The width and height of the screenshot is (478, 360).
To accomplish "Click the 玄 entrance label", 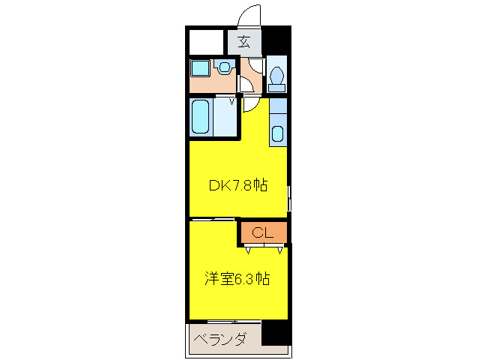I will click(x=244, y=41).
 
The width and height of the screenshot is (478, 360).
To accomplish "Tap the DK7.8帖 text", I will click(x=237, y=184).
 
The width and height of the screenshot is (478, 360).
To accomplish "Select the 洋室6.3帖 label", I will click(x=238, y=279).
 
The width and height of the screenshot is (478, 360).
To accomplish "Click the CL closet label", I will click(x=261, y=232).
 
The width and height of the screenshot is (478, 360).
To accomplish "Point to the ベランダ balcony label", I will click(x=220, y=339).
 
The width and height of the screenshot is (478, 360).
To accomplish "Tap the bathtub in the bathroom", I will click(x=200, y=117).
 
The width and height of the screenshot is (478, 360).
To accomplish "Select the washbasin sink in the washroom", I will click(x=225, y=67).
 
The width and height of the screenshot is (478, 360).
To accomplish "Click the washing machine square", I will click(x=200, y=68).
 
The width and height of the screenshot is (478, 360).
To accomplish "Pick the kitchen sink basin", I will click(x=276, y=135).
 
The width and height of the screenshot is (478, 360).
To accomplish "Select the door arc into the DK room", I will click(x=250, y=103).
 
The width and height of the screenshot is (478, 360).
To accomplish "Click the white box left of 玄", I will click(x=207, y=41).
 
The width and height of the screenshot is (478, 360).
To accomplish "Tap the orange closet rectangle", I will click(x=263, y=232).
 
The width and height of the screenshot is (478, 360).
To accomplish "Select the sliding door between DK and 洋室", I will click(x=213, y=219).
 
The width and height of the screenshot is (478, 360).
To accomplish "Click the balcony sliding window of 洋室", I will click(x=225, y=321).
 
